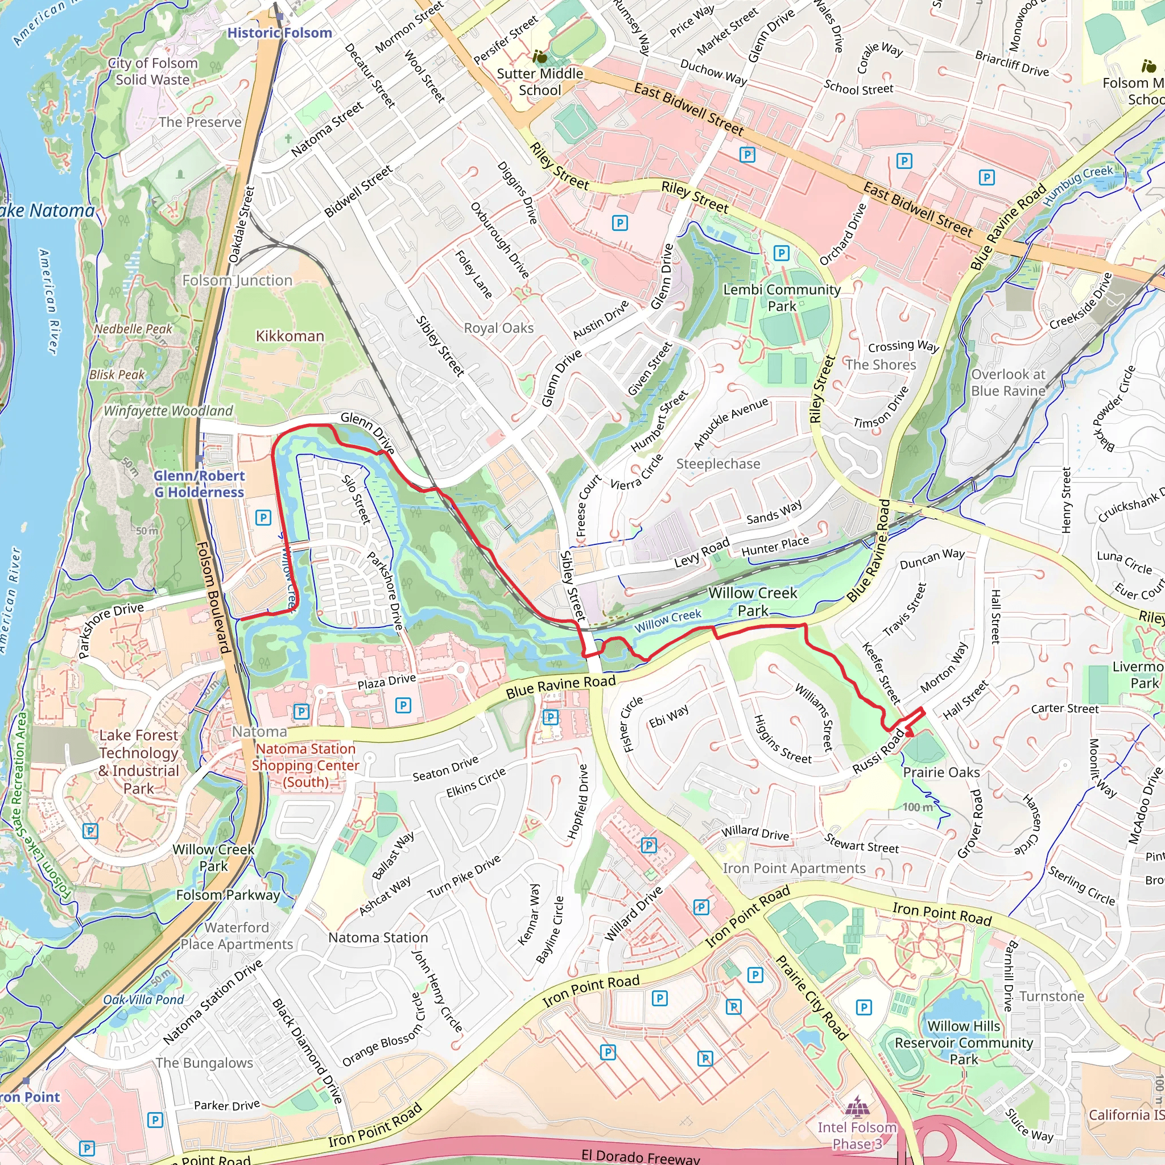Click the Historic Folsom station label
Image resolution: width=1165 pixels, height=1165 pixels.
[279, 33]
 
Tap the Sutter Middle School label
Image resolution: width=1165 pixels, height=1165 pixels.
[540, 82]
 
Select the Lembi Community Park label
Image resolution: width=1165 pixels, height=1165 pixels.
[782, 298]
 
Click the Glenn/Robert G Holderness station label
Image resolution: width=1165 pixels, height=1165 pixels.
[199, 484]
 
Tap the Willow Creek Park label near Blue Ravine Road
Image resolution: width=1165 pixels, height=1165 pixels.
[753, 602]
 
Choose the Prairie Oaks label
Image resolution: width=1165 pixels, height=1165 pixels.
[941, 772]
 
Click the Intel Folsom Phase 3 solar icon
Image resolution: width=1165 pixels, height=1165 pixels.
[856, 1107]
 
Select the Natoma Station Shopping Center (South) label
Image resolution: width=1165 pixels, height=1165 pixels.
[305, 765]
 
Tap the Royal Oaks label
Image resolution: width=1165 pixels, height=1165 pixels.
[499, 328]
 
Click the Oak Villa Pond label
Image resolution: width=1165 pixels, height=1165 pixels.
[143, 1000]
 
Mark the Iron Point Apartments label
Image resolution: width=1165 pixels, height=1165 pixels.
[794, 868]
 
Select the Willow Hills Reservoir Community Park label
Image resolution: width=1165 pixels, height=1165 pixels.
[963, 1043]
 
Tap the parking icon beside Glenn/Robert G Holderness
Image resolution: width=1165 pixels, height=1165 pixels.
[263, 518]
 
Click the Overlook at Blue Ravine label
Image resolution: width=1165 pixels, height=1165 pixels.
[1007, 382]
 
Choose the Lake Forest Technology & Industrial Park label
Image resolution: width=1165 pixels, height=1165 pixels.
[139, 762]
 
